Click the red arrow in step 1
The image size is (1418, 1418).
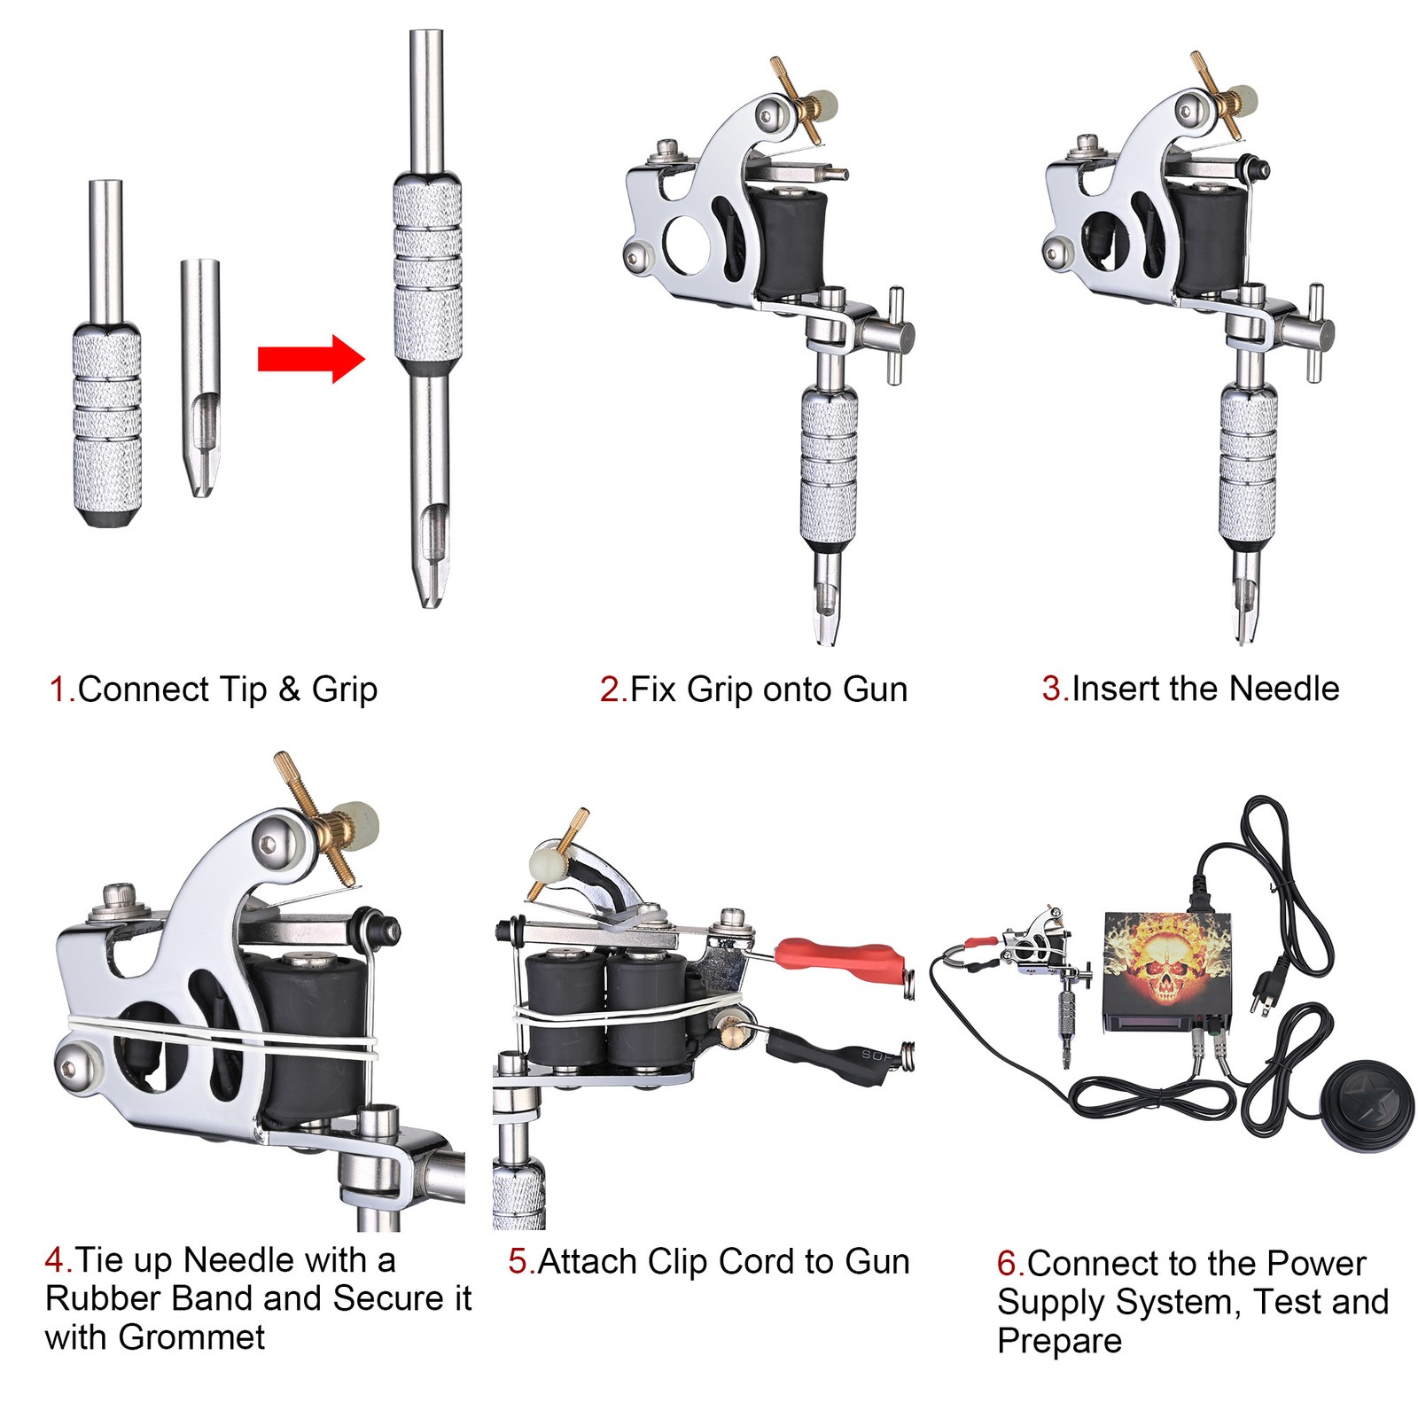coord(310,359)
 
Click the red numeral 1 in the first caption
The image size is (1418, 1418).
coord(60,690)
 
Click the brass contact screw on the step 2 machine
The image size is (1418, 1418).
coord(798,100)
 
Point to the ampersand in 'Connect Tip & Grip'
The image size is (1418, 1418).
coord(289,690)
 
